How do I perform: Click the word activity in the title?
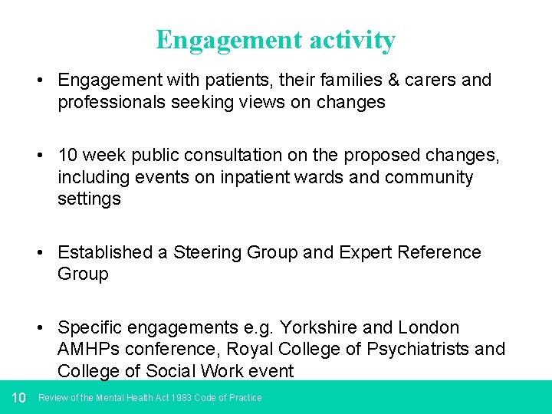[x=350, y=40]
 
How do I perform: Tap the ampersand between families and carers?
[x=348, y=80]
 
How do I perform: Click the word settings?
[x=89, y=199]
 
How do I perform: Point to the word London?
[x=429, y=328]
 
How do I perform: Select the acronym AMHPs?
[x=87, y=350]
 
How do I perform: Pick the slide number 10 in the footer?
[x=19, y=397]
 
